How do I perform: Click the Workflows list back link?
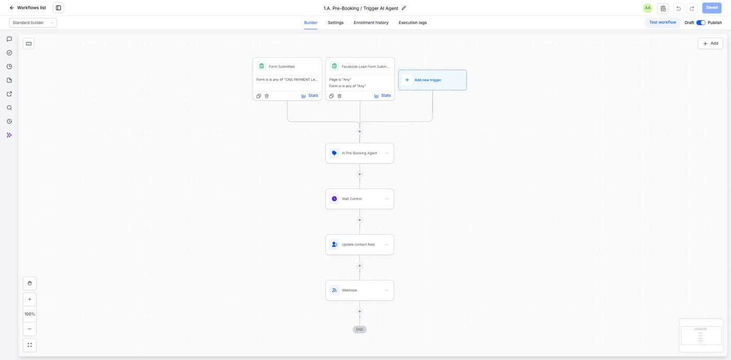(x=28, y=8)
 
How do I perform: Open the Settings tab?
(x=335, y=22)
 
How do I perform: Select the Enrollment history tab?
(x=371, y=22)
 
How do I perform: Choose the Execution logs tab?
(x=412, y=22)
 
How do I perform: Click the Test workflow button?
(x=663, y=22)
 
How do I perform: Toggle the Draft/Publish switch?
(x=701, y=22)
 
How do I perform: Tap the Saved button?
(x=712, y=8)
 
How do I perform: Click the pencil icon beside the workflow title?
(x=404, y=8)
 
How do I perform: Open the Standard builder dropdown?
(x=32, y=22)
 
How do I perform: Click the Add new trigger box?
(x=432, y=80)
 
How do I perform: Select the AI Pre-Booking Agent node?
(x=360, y=153)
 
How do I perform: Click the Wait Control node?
(x=360, y=199)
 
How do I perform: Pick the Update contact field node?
(x=360, y=245)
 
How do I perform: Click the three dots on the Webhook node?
(x=386, y=290)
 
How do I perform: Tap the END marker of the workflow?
(x=360, y=329)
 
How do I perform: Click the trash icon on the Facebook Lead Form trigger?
(x=339, y=96)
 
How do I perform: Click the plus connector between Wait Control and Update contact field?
(x=360, y=220)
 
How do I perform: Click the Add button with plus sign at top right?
(x=710, y=43)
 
